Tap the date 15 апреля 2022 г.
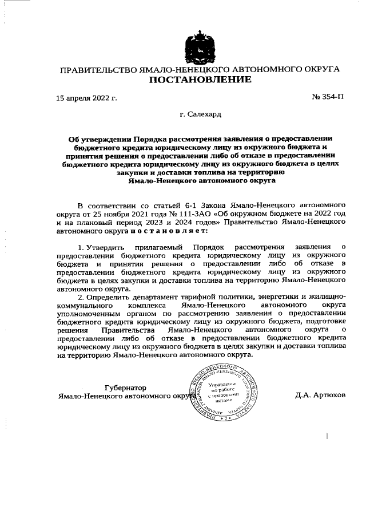tap(86, 98)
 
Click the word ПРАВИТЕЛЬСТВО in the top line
tap(99, 69)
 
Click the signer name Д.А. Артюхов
tap(321, 396)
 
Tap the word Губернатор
tap(122, 387)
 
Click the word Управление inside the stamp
tap(220, 384)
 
